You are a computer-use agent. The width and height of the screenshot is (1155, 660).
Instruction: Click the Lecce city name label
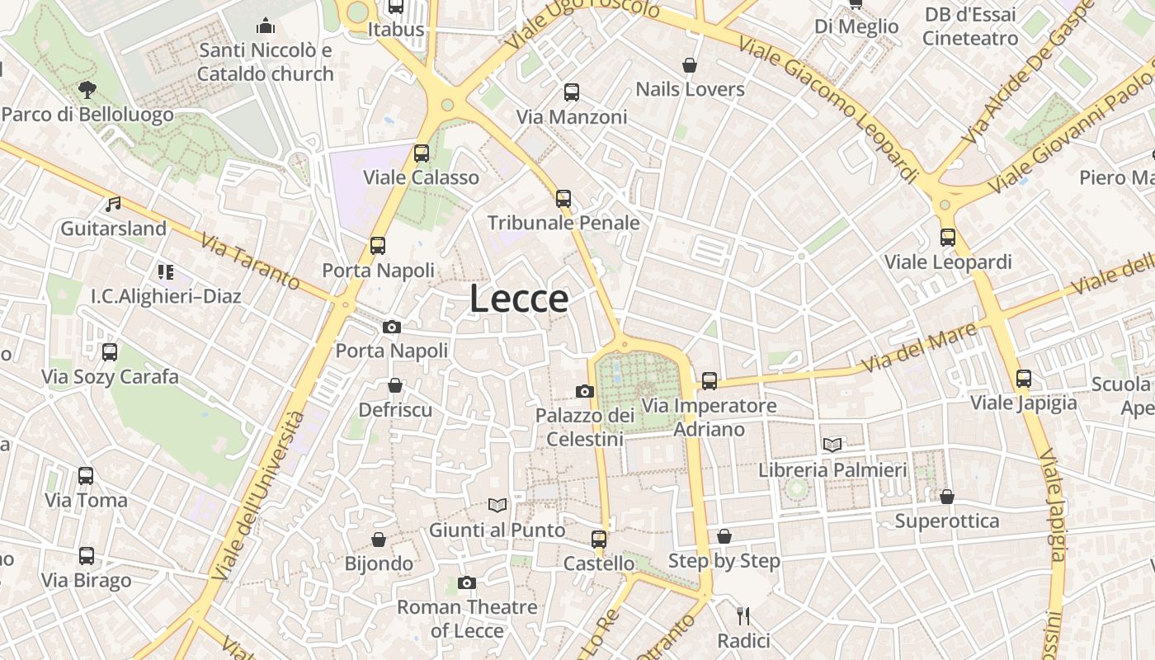point(519,299)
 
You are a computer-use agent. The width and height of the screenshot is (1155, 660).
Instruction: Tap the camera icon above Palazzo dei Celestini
point(585,391)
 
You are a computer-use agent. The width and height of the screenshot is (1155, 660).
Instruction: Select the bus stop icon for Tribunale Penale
point(563,199)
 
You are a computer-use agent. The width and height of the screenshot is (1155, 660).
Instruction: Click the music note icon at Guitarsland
point(113,204)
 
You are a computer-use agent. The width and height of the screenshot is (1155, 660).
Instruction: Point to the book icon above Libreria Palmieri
point(832,445)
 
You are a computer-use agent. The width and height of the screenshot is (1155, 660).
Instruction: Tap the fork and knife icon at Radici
point(743,615)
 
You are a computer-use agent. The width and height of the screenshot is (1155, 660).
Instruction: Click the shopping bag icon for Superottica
point(947,497)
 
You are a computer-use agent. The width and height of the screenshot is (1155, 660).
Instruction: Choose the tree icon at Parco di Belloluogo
point(87,89)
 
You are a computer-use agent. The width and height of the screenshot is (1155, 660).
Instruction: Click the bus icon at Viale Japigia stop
point(1024,379)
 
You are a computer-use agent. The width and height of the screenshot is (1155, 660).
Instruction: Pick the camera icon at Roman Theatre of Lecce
point(467,583)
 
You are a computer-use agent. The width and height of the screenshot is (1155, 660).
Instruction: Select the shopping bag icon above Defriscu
point(395,385)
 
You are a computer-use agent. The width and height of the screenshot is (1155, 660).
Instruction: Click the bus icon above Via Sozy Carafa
point(110,352)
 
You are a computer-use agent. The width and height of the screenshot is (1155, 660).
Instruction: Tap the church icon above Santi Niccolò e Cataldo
point(265,26)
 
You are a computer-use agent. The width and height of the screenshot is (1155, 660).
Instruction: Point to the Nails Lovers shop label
point(690,89)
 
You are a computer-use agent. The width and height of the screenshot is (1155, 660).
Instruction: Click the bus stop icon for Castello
point(599,540)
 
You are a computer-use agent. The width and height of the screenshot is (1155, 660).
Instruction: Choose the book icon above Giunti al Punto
point(497,505)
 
